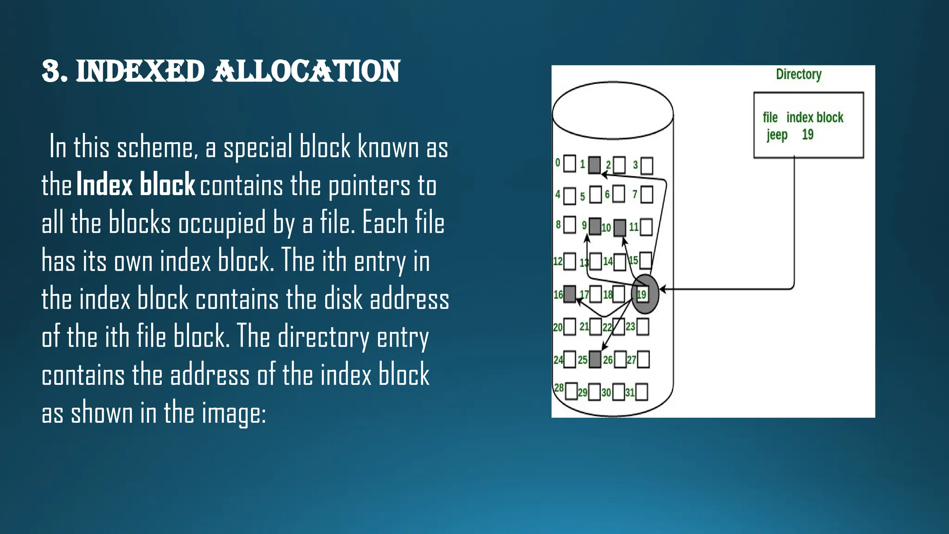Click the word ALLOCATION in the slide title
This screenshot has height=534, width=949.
tap(306, 72)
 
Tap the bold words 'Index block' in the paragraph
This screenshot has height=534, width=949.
tap(136, 184)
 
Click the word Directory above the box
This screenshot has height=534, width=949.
tap(798, 74)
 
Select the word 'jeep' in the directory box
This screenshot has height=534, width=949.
tap(777, 135)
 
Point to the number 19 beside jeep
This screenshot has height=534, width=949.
tap(808, 134)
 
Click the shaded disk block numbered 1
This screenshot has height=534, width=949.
tap(595, 165)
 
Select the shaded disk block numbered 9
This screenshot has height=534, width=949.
tap(595, 226)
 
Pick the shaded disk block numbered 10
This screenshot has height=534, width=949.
tap(620, 228)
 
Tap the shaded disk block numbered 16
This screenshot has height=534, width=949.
tap(570, 294)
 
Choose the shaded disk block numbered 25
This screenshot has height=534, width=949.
tap(595, 359)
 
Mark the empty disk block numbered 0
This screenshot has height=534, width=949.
tap(570, 163)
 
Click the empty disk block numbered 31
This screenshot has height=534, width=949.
tap(642, 392)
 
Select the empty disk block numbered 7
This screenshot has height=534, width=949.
tap(647, 195)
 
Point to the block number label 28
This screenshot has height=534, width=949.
tap(559, 388)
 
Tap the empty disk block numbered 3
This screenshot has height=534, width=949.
tap(647, 165)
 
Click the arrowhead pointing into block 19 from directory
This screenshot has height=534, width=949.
tap(663, 289)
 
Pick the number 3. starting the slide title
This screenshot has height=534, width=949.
tap(55, 72)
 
